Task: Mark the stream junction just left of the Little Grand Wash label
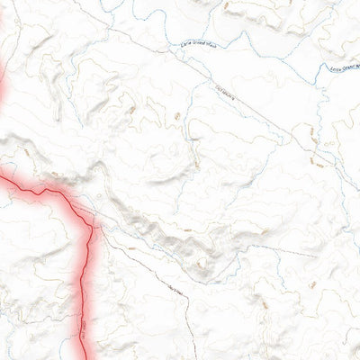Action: point(167,45)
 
